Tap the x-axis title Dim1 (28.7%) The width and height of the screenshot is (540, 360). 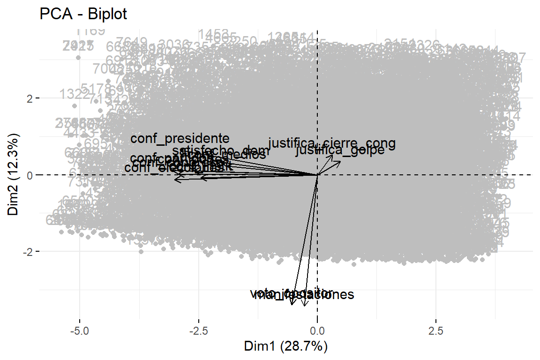[x=285, y=347]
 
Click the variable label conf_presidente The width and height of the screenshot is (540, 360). [x=180, y=139]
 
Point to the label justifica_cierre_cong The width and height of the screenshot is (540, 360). [x=332, y=143]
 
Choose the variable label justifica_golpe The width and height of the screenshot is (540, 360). [x=340, y=151]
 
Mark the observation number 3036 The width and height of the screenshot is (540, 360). [x=174, y=45]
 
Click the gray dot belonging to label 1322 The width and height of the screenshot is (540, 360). [x=75, y=106]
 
